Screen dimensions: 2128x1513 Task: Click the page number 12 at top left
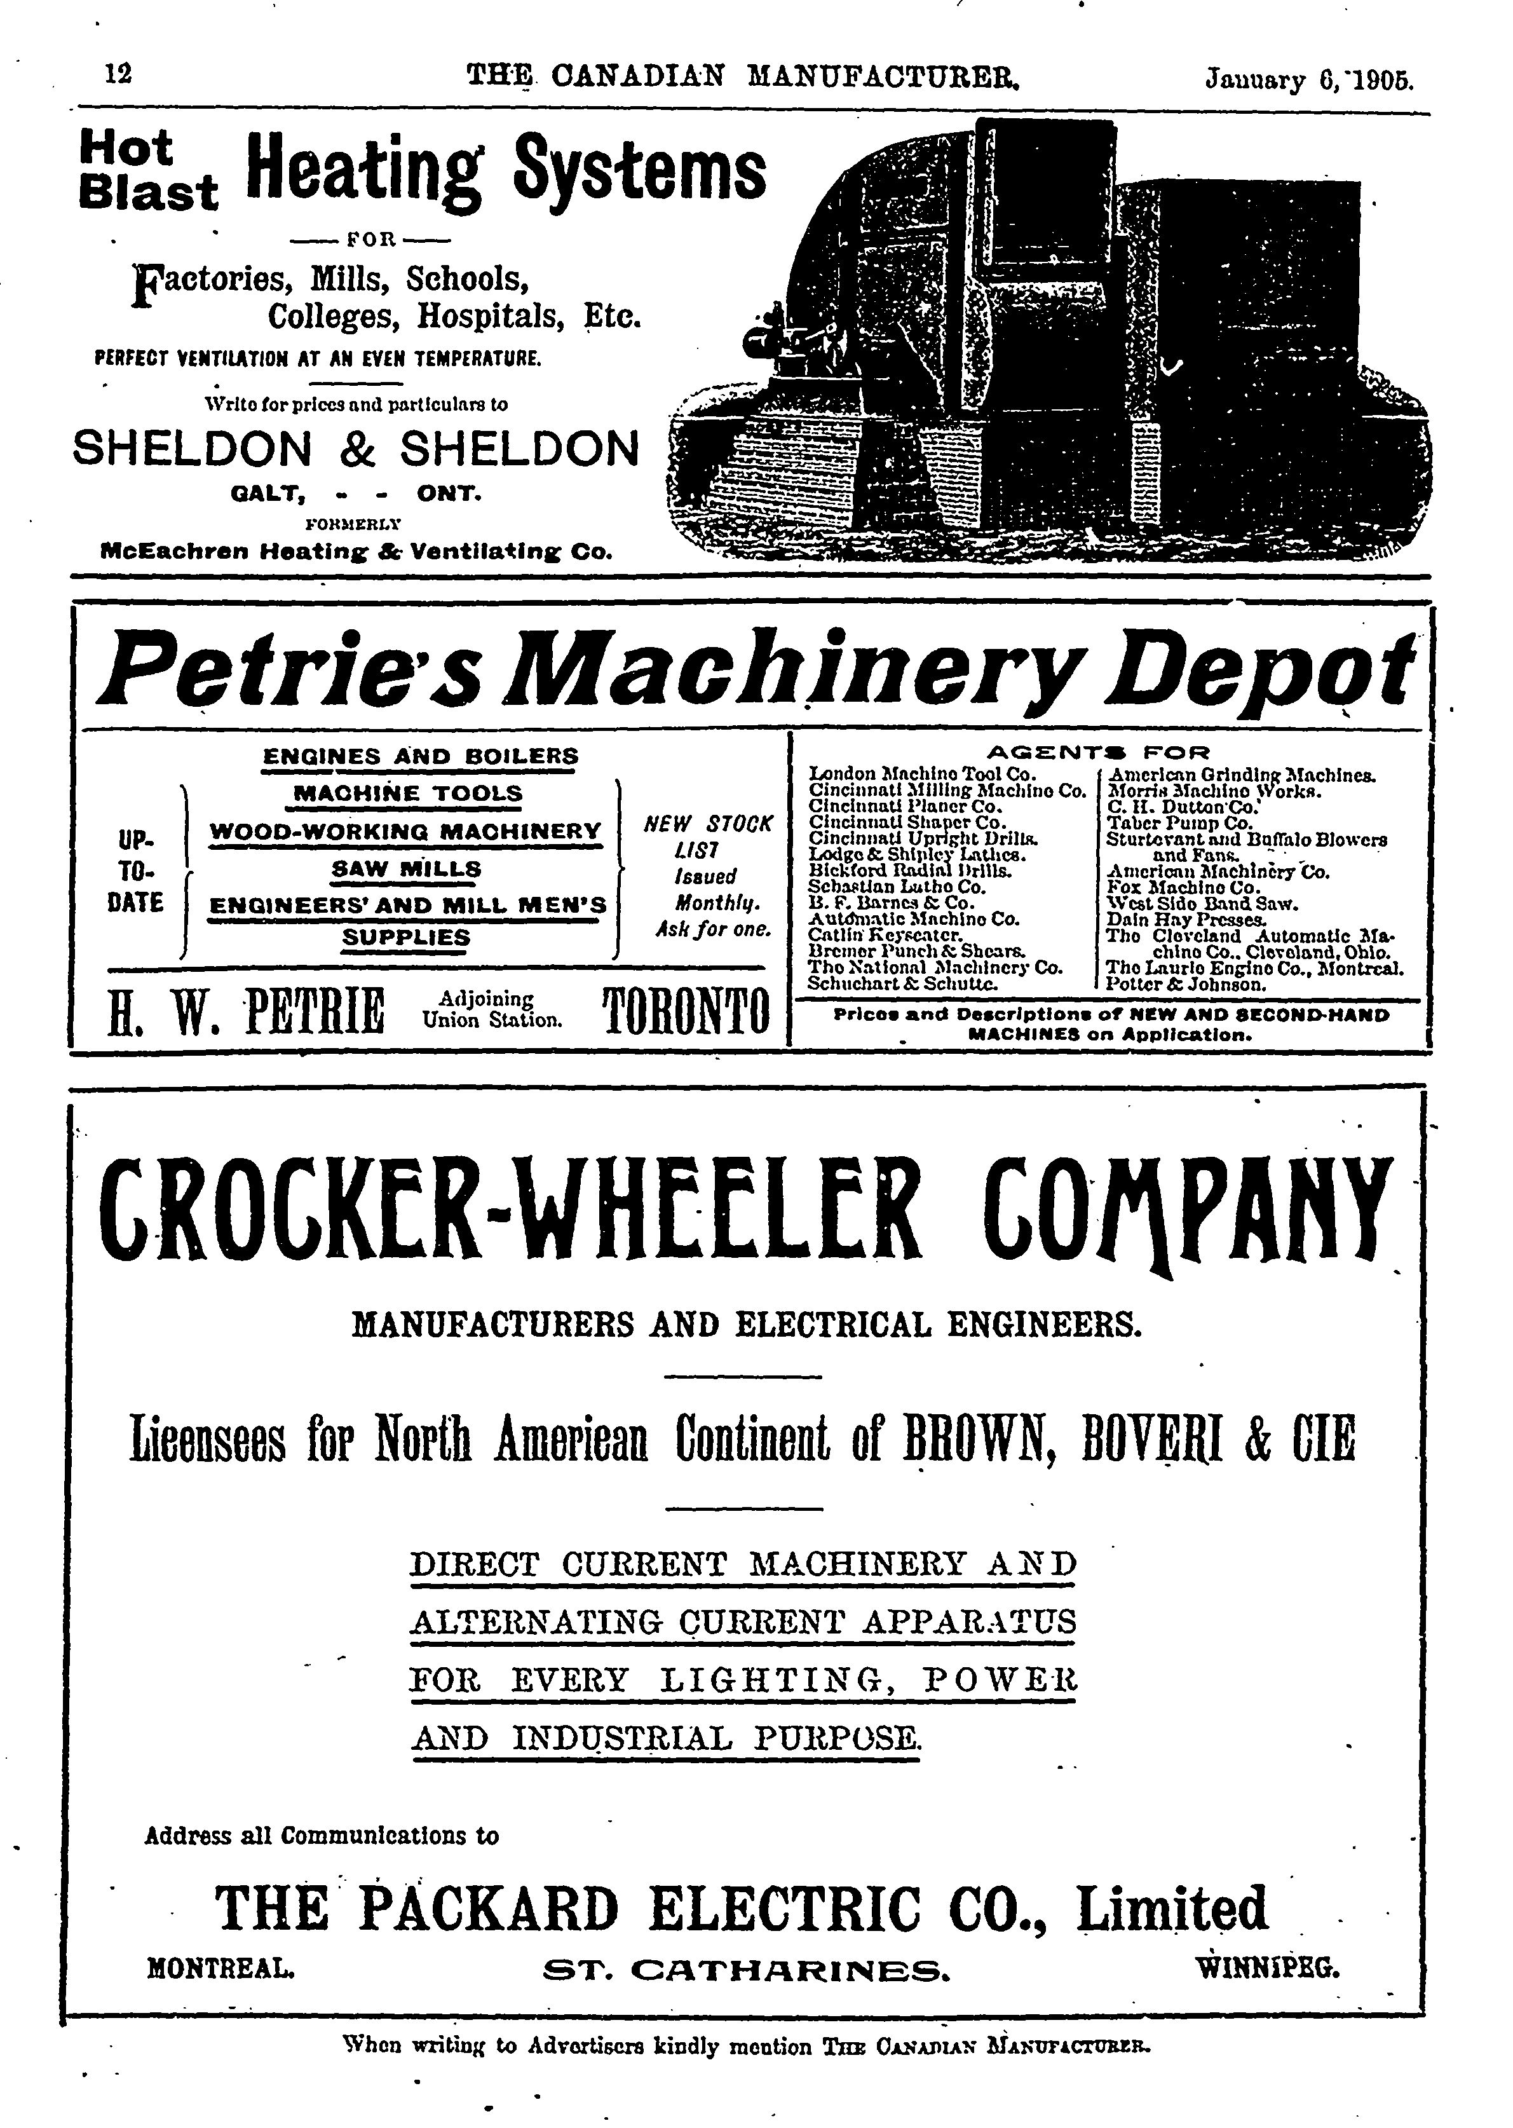pos(118,74)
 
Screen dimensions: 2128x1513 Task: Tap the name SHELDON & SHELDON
pos(356,449)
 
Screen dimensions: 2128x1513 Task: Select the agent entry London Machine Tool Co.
pos(917,774)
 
